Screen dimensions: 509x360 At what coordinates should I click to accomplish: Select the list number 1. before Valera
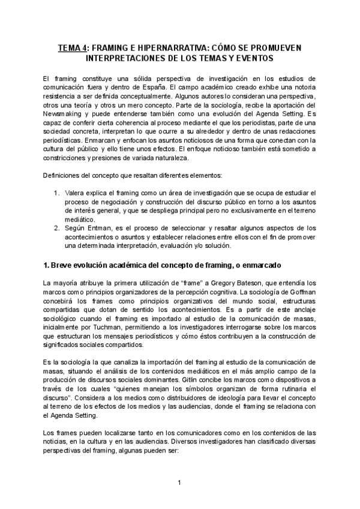point(56,192)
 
